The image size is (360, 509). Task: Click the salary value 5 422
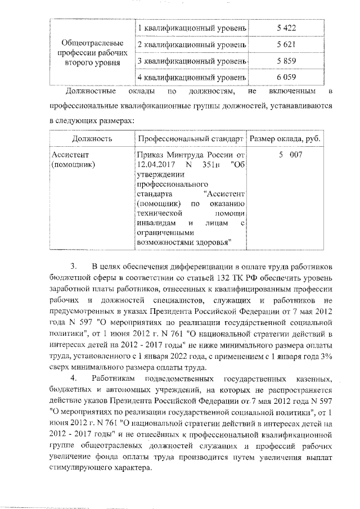286,28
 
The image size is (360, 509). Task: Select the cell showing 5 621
286,44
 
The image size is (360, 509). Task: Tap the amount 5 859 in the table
286,60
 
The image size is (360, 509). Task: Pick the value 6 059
286,76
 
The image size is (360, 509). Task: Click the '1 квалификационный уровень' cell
191,28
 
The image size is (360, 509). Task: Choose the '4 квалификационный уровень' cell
191,76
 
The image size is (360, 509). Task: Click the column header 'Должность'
92,138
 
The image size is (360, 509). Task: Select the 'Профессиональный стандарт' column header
191,138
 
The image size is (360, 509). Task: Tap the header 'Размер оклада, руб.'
286,138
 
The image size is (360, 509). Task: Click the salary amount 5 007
286,154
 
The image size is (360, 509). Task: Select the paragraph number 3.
73,265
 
